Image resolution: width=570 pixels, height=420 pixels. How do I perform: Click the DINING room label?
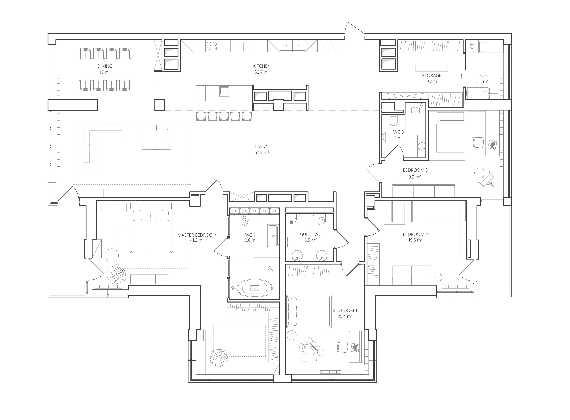[x=105, y=66]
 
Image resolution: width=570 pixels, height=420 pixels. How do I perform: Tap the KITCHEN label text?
[x=262, y=66]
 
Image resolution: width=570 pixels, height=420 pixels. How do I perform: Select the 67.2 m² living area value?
[x=262, y=153]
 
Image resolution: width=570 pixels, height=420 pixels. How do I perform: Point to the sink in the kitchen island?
[x=224, y=91]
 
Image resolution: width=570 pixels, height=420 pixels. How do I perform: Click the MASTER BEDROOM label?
[x=197, y=235]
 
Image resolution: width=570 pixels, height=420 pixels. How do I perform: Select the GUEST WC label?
[x=310, y=234]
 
